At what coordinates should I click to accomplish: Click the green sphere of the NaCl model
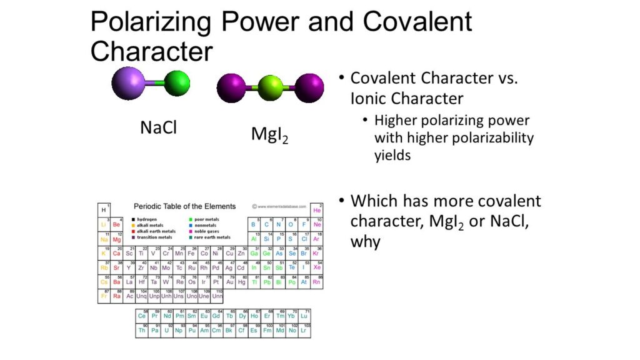pyautogui.click(x=176, y=83)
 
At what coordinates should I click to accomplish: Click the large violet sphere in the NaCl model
pyautogui.click(x=128, y=84)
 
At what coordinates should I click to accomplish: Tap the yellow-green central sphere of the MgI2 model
pyautogui.click(x=271, y=88)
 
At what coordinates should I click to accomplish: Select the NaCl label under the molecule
pyautogui.click(x=158, y=127)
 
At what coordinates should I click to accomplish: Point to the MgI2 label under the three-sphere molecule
pyautogui.click(x=271, y=133)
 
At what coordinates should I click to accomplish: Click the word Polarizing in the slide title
pyautogui.click(x=166, y=22)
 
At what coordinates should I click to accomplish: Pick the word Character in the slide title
pyautogui.click(x=152, y=51)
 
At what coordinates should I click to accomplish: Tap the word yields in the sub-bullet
pyautogui.click(x=392, y=155)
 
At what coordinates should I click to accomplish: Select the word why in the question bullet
pyautogui.click(x=365, y=241)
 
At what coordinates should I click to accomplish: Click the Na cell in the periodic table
pyautogui.click(x=104, y=239)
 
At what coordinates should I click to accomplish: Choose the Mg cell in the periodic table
pyautogui.click(x=116, y=239)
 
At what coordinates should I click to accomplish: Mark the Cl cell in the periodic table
pyautogui.click(x=304, y=239)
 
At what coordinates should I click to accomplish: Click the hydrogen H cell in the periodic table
pyautogui.click(x=104, y=209)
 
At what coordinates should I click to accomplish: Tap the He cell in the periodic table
pyautogui.click(x=316, y=209)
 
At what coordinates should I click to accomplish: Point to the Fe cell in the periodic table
pyautogui.click(x=191, y=253)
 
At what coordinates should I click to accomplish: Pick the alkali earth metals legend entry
pyautogui.click(x=153, y=231)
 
